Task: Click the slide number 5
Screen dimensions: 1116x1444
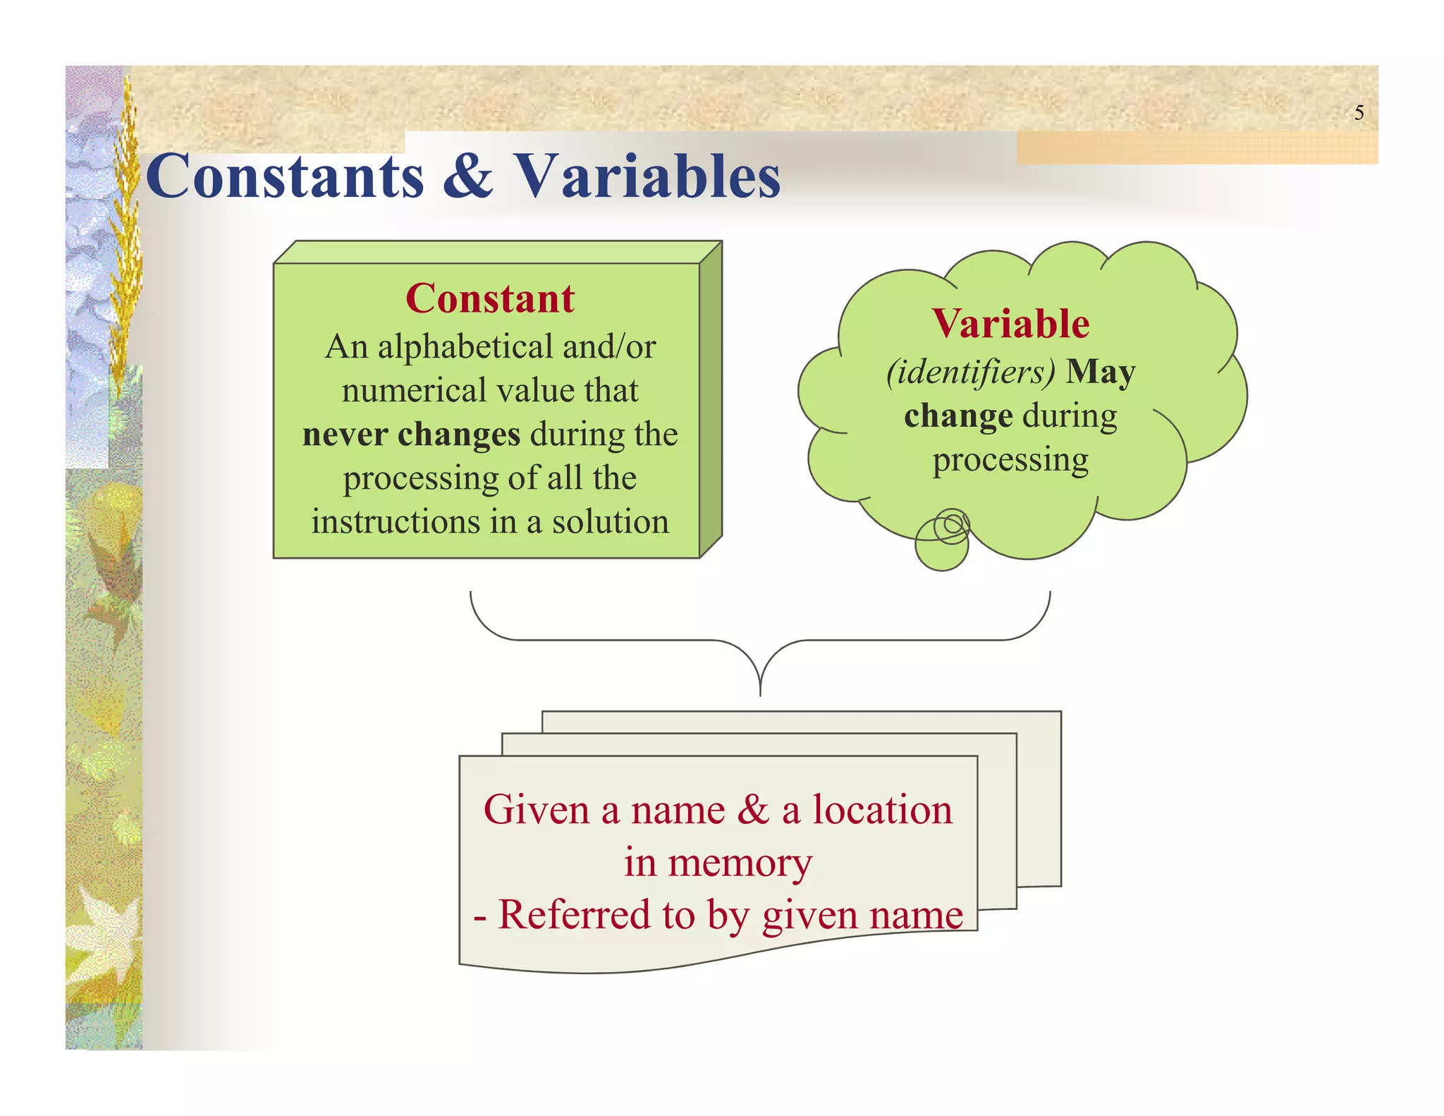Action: coord(1359,113)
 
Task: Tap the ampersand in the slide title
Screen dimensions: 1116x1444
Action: coord(467,176)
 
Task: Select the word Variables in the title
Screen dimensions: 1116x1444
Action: coord(647,176)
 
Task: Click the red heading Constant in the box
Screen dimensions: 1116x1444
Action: coord(490,298)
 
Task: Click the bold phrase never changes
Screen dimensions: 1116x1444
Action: coord(411,435)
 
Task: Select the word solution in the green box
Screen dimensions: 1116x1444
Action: coord(610,523)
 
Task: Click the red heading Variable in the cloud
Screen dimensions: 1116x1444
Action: coord(1010,324)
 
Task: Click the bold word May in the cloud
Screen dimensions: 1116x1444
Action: coord(1100,372)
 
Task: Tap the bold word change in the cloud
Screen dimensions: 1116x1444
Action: coord(958,416)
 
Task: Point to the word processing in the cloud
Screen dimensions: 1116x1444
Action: coord(1010,461)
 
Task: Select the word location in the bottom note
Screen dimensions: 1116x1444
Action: coord(882,810)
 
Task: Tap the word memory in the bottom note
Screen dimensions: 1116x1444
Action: coord(740,862)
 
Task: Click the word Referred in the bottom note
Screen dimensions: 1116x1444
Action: coord(574,915)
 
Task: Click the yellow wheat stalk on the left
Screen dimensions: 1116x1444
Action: coord(127,233)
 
